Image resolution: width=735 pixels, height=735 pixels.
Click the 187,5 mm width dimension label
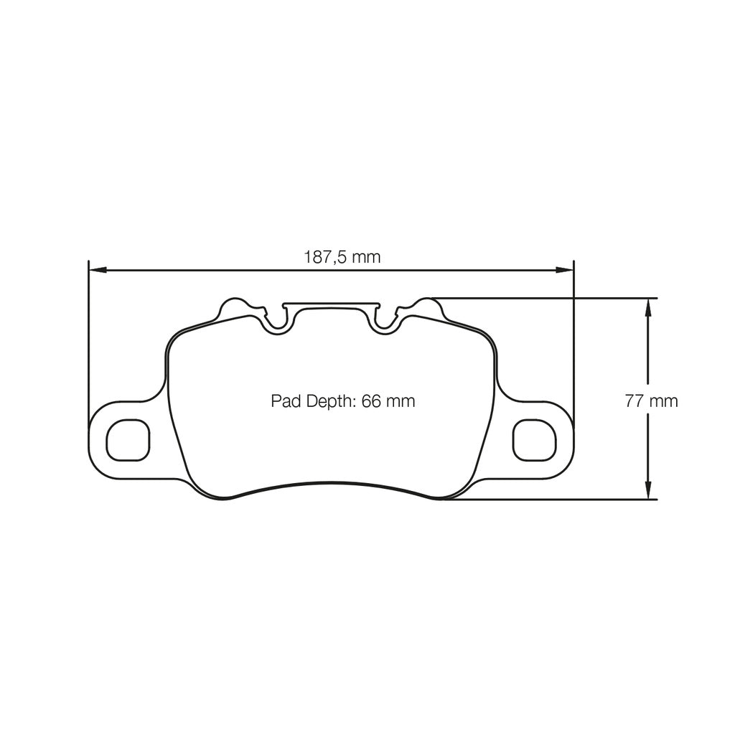pos(342,257)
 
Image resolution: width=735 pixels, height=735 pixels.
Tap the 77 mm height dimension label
pos(651,401)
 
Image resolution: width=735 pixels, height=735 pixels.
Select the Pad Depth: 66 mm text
pos(342,401)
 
